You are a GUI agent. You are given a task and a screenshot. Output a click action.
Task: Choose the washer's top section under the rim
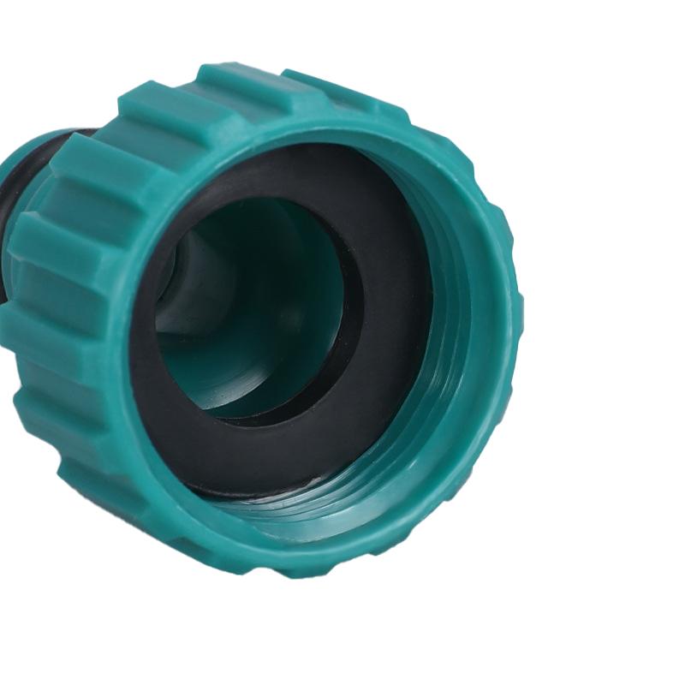coord(283,171)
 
